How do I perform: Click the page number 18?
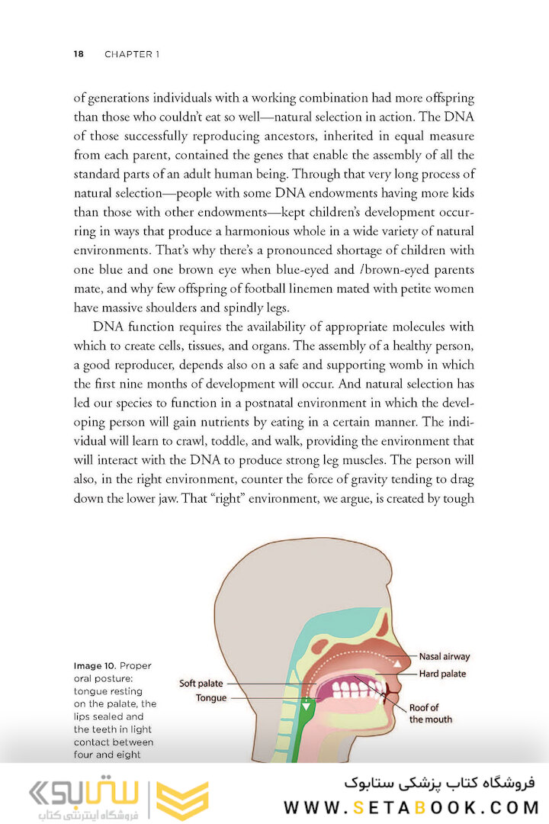[x=79, y=54]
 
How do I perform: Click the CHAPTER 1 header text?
[x=132, y=54]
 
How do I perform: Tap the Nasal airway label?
[x=444, y=656]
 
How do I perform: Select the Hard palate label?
[x=441, y=674]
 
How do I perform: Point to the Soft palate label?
[x=201, y=684]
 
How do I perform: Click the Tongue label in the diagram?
[x=210, y=698]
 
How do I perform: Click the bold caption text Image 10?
[x=95, y=666]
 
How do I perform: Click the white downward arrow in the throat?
[x=307, y=706]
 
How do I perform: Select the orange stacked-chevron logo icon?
[x=181, y=800]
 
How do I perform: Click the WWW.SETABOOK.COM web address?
[x=410, y=807]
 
